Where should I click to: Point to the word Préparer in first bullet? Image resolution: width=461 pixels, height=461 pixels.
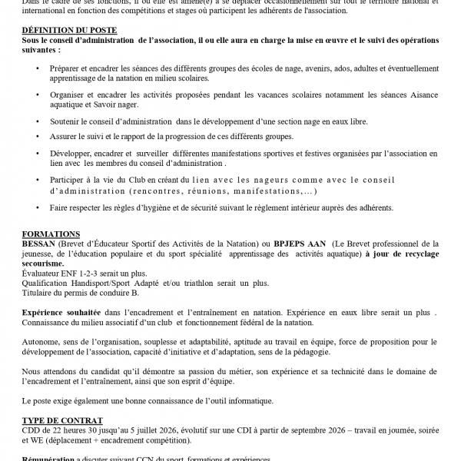pos(69,68)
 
